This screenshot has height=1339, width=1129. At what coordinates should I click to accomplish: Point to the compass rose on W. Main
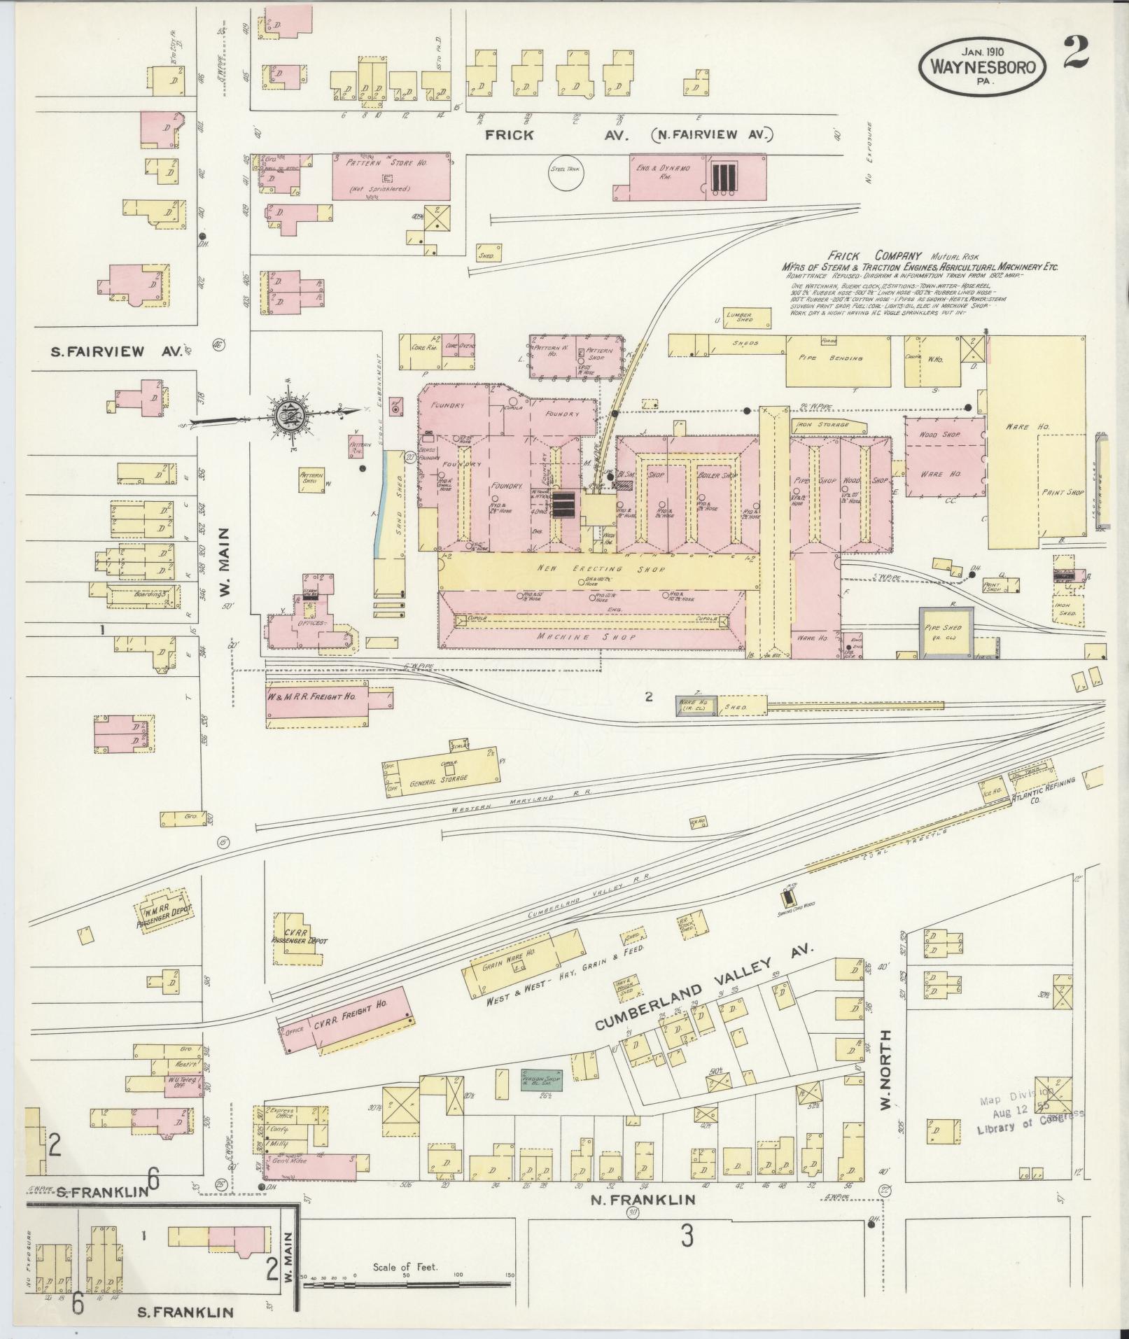coord(288,414)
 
